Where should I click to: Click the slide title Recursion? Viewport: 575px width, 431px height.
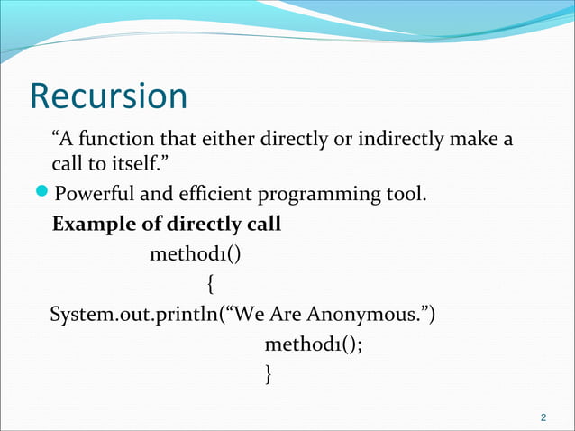(108, 96)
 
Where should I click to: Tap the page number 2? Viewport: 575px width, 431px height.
(543, 417)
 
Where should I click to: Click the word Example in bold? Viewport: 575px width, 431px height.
(91, 224)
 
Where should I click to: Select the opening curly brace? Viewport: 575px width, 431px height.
(210, 286)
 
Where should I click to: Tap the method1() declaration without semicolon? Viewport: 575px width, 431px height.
(196, 254)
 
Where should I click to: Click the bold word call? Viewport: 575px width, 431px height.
(263, 224)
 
